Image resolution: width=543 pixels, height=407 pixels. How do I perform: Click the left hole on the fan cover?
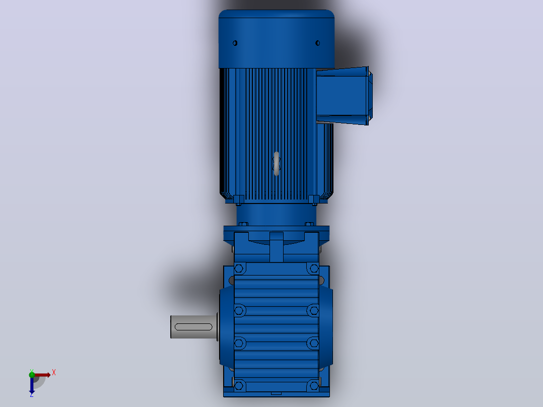coord(235,43)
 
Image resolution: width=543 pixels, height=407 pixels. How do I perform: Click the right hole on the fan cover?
coord(317,43)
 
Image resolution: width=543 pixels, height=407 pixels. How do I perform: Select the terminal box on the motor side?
coord(344,96)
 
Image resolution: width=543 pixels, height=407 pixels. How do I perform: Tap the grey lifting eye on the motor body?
coord(277,163)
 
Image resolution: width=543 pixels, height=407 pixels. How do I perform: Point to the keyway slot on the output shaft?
coord(193,327)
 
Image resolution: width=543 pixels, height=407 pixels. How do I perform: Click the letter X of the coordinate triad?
coord(54,373)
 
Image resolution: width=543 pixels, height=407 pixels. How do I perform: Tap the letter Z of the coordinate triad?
coord(32,394)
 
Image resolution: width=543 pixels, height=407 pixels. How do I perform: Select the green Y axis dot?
coord(32,374)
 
